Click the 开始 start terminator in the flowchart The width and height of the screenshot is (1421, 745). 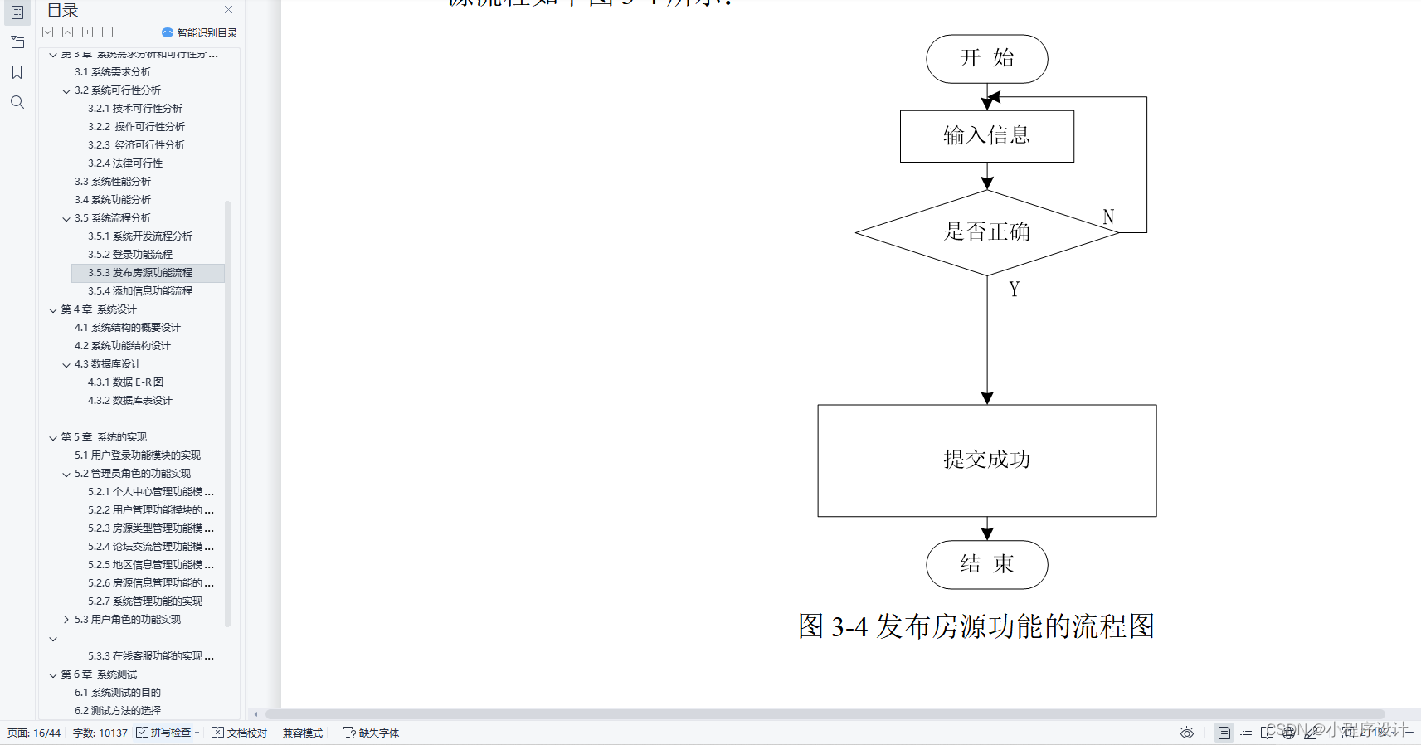pos(986,59)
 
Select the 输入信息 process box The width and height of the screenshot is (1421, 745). pos(986,136)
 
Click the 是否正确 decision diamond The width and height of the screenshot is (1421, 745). pos(986,232)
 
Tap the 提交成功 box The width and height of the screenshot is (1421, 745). pos(986,460)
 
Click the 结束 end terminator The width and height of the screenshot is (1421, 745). pos(986,565)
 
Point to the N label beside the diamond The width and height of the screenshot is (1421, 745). pos(1108,217)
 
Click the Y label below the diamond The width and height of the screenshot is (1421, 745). pos(1014,290)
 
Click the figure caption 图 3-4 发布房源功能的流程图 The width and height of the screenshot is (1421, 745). pos(976,626)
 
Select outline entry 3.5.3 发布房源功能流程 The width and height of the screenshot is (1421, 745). pos(140,273)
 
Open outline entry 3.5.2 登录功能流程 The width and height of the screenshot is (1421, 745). pos(130,255)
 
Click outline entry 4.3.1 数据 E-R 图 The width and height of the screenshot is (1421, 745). pos(125,382)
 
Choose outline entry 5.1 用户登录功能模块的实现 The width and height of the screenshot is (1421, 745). pos(138,455)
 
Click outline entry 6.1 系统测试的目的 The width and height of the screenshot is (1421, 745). pos(118,693)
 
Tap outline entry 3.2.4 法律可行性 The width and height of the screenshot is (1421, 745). pos(125,163)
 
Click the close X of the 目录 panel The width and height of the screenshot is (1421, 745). pos(228,10)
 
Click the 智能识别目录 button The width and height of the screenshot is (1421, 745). pos(200,33)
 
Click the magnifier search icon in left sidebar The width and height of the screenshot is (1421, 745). pos(17,102)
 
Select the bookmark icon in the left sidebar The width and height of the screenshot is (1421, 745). pos(17,72)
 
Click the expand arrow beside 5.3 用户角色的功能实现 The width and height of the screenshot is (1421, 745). pos(66,620)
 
